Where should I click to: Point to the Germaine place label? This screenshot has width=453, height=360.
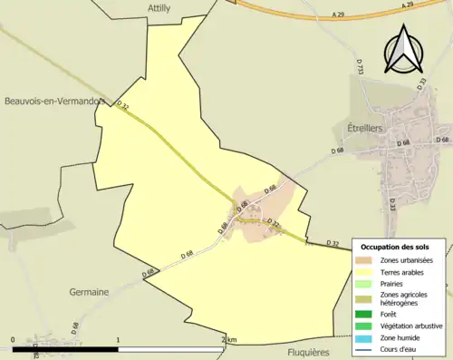[89, 291]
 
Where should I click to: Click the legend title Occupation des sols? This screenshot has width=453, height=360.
[400, 247]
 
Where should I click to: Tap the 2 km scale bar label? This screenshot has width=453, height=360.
[229, 339]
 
